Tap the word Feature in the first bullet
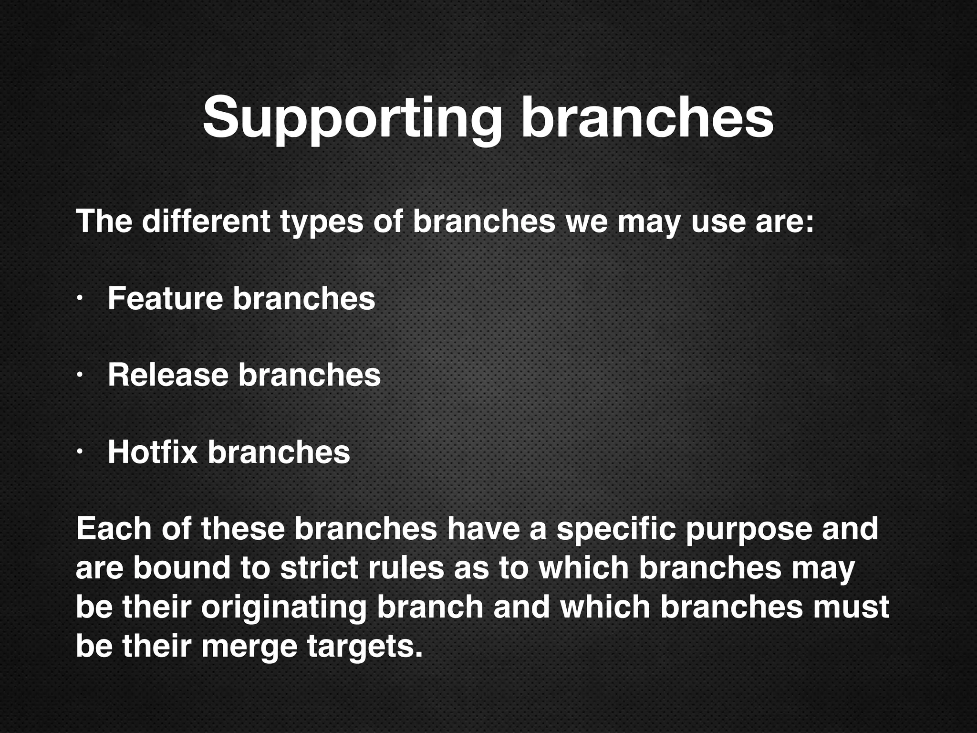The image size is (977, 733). pyautogui.click(x=165, y=298)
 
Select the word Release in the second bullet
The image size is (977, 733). pyautogui.click(x=168, y=375)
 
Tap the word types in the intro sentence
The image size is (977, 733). pyautogui.click(x=322, y=222)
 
